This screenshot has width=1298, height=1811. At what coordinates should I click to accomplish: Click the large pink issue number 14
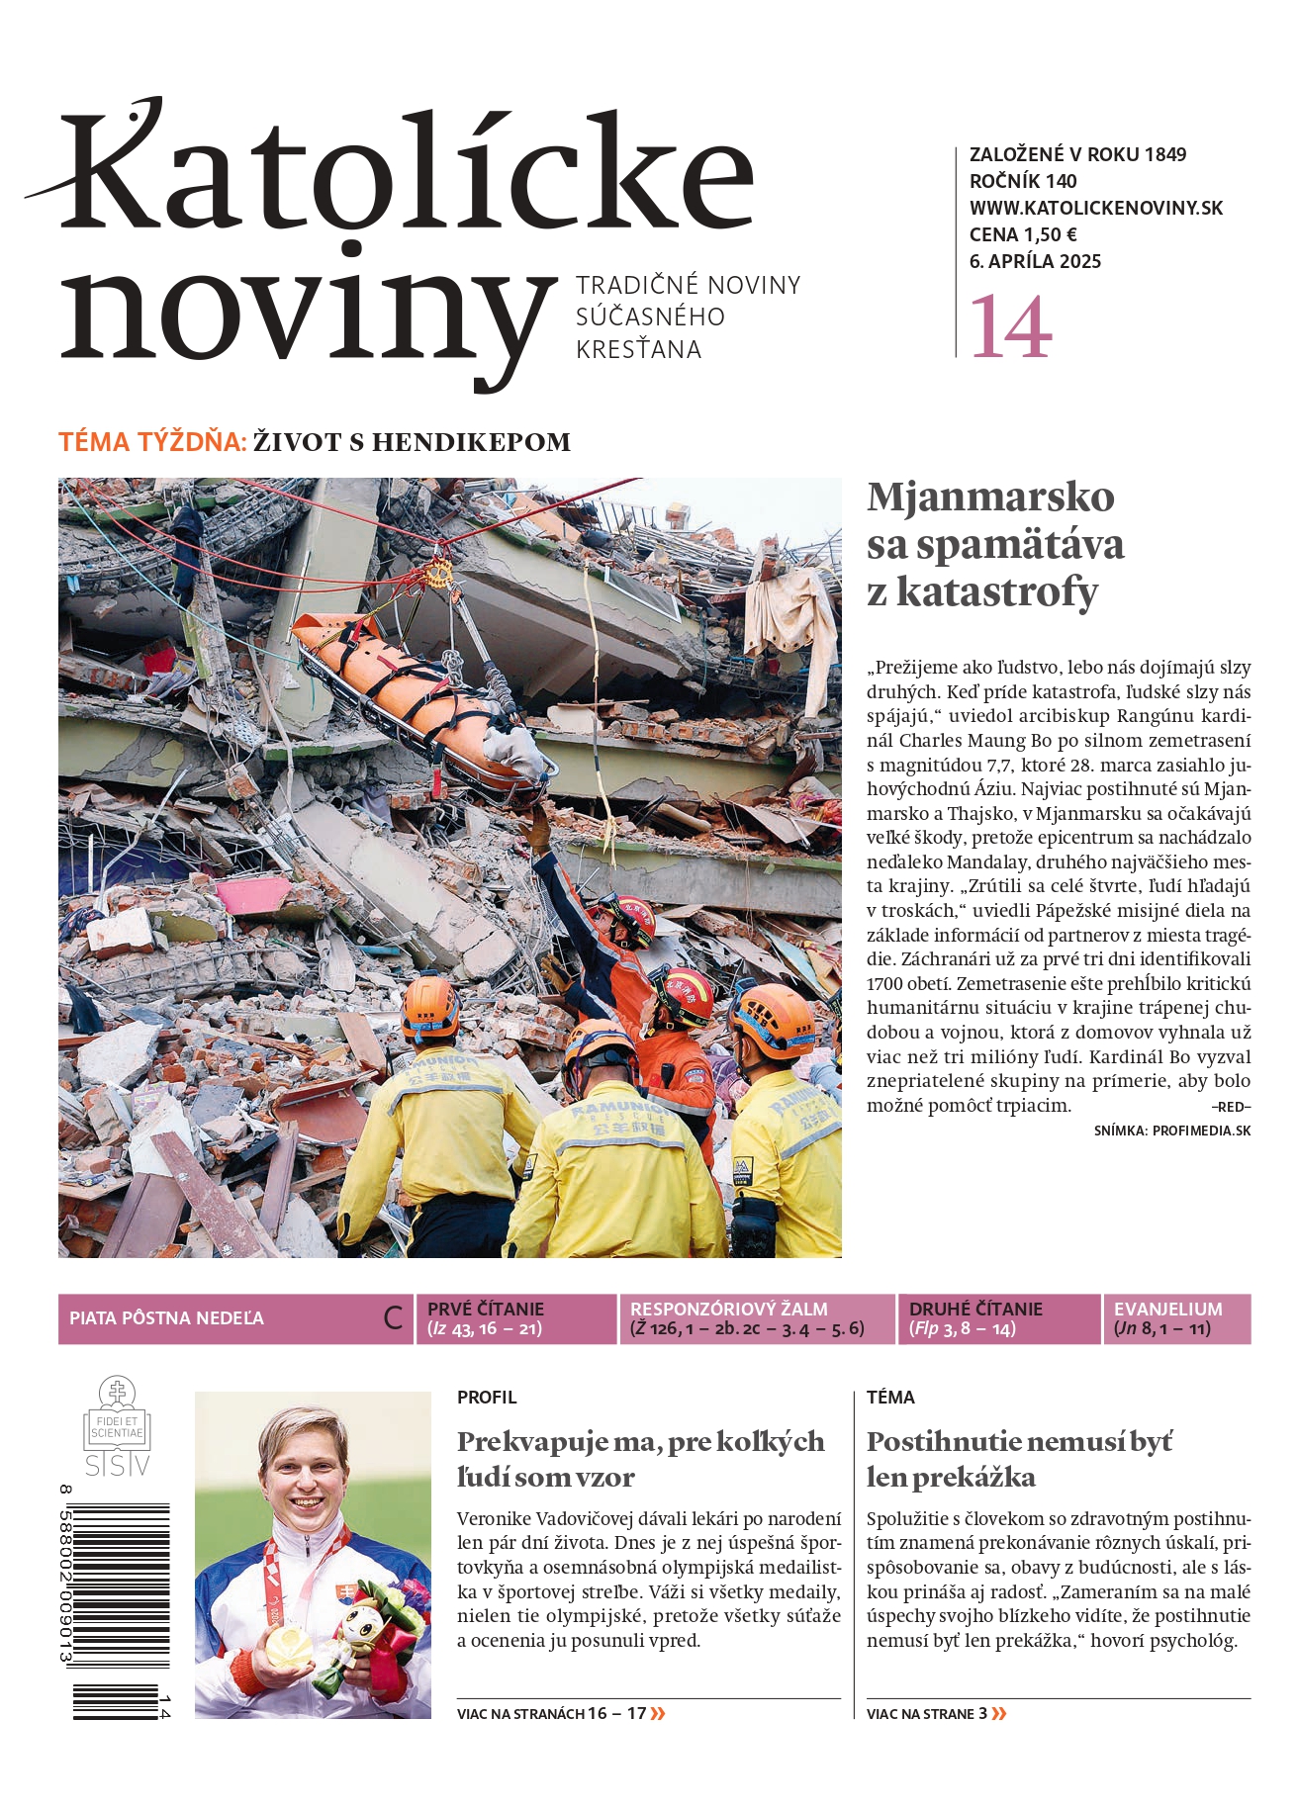[1010, 326]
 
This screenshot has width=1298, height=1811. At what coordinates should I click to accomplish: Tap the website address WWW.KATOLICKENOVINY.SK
[1095, 208]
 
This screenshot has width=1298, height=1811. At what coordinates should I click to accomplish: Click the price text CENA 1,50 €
[1023, 234]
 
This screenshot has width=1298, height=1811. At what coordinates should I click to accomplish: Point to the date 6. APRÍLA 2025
[1035, 261]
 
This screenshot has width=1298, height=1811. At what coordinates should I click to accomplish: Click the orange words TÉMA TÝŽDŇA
[152, 442]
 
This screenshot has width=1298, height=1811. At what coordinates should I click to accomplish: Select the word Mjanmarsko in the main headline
[990, 497]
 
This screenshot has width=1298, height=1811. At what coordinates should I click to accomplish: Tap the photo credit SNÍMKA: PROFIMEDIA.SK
[1171, 1131]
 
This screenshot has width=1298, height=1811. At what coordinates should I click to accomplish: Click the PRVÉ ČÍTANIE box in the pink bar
[515, 1318]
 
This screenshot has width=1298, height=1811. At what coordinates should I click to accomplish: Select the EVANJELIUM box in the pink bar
[1175, 1318]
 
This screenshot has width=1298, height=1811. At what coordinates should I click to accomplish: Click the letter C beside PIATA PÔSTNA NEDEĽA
[393, 1318]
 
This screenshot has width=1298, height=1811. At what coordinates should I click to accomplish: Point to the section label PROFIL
[487, 1398]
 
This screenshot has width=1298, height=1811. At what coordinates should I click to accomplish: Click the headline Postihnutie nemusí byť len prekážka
[1019, 1459]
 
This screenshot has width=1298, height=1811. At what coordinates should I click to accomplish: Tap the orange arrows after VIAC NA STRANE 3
[999, 1714]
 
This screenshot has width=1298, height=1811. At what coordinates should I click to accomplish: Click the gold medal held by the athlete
[287, 1645]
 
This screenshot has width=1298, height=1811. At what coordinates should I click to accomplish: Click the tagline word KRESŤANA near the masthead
[638, 350]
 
